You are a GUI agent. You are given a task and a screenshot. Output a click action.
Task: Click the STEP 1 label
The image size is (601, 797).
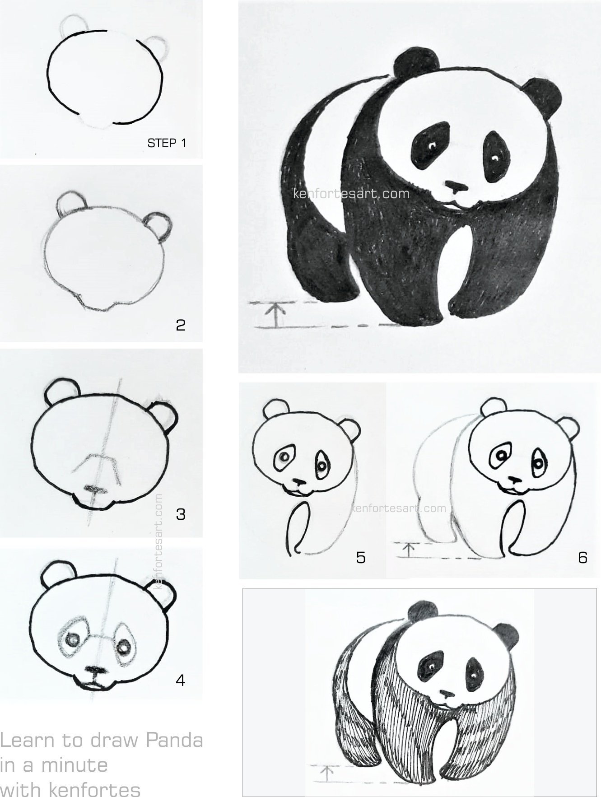point(167,143)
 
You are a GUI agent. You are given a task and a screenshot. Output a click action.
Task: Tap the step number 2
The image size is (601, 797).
point(181,325)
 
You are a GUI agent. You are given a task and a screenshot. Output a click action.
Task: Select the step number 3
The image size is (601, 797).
point(181,514)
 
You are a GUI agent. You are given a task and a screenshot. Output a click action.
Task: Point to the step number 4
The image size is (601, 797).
point(181,680)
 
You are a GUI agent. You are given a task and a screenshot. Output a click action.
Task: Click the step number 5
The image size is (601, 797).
point(360,558)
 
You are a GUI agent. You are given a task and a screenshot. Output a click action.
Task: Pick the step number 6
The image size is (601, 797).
point(582,558)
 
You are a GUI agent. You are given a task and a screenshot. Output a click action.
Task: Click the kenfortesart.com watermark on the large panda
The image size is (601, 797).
point(351,194)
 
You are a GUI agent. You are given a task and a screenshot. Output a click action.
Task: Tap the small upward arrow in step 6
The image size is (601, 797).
point(409,550)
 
